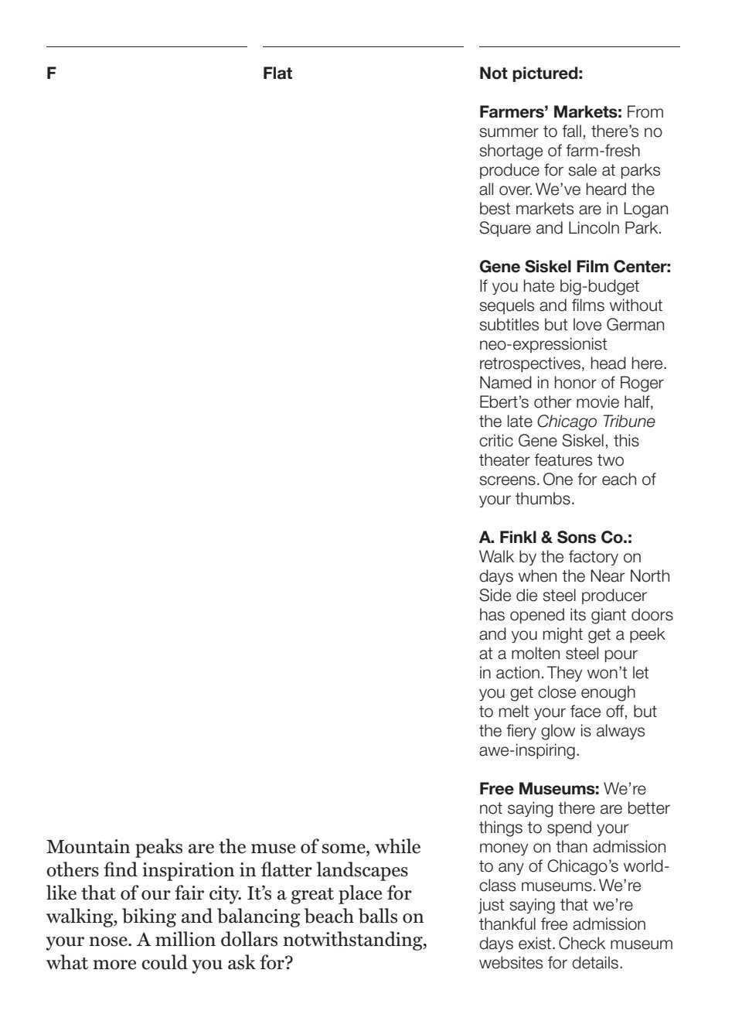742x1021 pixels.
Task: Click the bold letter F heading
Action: [51, 73]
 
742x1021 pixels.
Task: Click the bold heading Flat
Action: [277, 73]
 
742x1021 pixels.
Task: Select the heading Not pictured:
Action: [531, 73]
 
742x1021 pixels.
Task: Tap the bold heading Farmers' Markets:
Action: [550, 112]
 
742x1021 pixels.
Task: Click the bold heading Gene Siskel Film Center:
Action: [575, 267]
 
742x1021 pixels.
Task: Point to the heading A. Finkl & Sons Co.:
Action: [555, 538]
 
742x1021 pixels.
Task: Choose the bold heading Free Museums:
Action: [539, 789]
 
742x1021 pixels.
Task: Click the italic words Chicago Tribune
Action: [596, 422]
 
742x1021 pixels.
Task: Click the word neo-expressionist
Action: [543, 344]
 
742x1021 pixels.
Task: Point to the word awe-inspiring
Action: [529, 750]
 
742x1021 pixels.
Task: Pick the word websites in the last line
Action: [512, 963]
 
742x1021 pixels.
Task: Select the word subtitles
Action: [512, 325]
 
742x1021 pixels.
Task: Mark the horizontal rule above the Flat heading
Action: [363, 47]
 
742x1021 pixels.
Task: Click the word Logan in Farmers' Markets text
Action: [645, 209]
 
